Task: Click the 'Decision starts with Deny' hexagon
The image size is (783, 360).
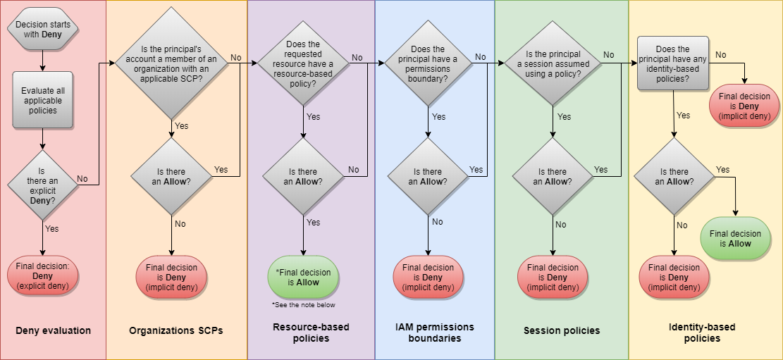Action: click(43, 30)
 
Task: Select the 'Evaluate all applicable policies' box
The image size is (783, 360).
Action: click(43, 99)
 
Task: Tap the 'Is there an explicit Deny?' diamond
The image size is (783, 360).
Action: click(42, 185)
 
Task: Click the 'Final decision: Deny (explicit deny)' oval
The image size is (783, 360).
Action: click(43, 276)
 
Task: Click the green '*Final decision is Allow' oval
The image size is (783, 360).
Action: click(303, 277)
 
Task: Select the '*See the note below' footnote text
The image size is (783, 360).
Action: click(303, 305)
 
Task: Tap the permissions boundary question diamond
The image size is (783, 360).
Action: click(429, 64)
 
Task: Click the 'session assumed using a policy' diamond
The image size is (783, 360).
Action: click(553, 64)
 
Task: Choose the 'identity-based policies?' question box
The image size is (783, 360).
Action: click(672, 64)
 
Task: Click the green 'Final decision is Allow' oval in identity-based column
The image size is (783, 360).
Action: click(735, 238)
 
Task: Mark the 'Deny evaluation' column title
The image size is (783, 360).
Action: click(54, 330)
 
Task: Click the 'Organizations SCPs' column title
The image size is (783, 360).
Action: click(176, 330)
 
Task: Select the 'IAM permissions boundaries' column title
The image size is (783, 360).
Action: click(435, 333)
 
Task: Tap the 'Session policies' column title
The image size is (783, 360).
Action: click(562, 330)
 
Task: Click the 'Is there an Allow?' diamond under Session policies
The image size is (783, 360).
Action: click(553, 176)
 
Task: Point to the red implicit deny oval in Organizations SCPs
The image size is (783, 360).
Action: click(172, 277)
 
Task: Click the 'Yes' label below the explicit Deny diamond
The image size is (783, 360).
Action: click(51, 229)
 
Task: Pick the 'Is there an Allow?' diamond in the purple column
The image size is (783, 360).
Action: click(303, 176)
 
